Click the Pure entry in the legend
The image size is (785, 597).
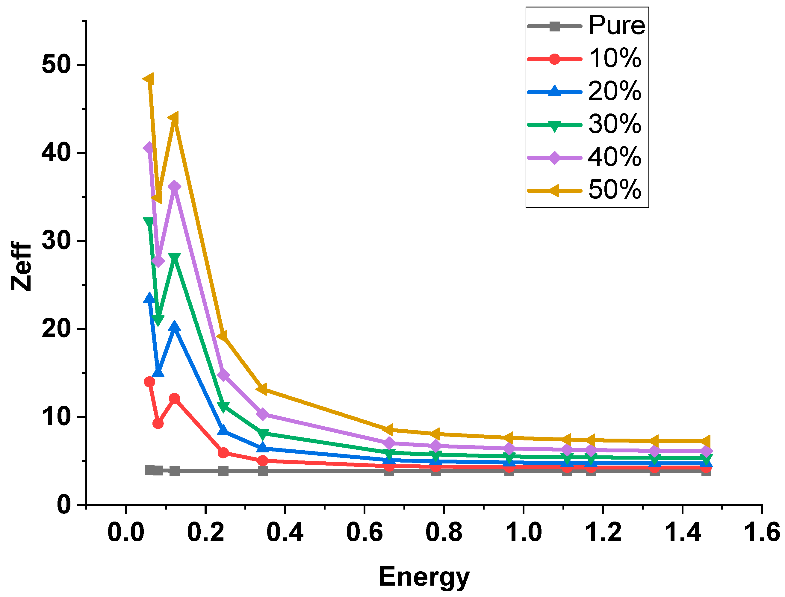point(616,25)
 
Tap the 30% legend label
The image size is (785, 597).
point(614,124)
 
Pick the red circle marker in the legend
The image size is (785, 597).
point(554,59)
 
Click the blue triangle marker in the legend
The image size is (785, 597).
point(554,91)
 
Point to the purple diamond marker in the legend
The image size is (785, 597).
point(554,157)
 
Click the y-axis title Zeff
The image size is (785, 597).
point(21,266)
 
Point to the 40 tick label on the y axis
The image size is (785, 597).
point(55,153)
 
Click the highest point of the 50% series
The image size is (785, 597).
point(149,79)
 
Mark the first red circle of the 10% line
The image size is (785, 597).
point(149,382)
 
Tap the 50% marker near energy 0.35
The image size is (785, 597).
point(262,390)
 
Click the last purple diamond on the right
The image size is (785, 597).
point(706,451)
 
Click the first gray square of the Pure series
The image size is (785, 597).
point(149,470)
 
